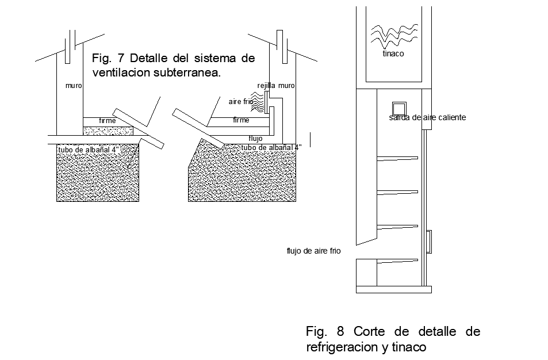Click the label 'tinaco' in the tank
point(393,54)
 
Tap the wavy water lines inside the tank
point(393,35)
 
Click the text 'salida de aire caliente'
point(427,118)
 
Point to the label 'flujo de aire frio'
point(313,251)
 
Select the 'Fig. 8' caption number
point(325,332)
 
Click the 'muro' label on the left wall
point(74,86)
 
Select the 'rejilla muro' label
point(276,86)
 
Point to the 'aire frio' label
point(240,102)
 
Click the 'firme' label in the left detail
point(107,121)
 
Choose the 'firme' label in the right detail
point(241,120)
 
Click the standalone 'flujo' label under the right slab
point(255,139)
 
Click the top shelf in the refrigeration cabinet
point(397,159)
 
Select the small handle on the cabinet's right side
point(429,242)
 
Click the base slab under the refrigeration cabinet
point(393,289)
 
